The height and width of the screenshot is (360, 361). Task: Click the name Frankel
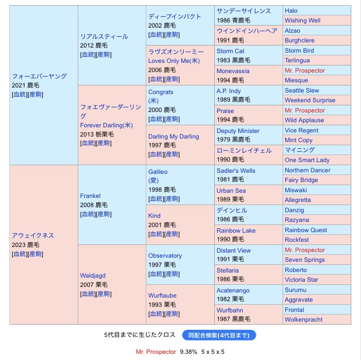coord(91,195)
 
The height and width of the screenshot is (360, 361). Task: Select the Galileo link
coord(157,172)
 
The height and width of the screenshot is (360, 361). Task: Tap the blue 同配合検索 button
coord(219,335)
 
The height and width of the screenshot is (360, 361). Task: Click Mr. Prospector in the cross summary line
coord(156,352)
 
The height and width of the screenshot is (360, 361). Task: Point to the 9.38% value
coord(188,352)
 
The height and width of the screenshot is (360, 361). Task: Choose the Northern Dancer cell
coord(307,170)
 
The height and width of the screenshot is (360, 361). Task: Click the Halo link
coord(291,11)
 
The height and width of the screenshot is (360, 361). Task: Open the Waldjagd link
coord(93,275)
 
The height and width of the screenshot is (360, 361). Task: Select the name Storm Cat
coord(230,51)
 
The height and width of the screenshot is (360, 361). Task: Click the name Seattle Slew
coord(302,91)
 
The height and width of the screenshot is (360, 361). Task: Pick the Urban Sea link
coord(231,191)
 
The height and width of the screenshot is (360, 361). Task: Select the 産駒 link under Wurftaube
coord(172,313)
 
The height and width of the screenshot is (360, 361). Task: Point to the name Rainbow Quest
coord(306,230)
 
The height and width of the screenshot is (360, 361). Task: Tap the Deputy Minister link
coord(238,131)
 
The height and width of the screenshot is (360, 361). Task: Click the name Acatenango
coord(233,290)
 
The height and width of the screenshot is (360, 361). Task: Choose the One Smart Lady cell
coord(307,160)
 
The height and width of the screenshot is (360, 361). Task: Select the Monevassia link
coord(233,71)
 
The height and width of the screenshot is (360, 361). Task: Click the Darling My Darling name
coord(173,137)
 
